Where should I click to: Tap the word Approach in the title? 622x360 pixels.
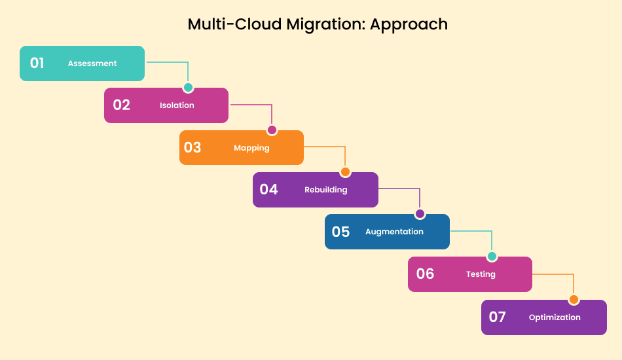(x=409, y=24)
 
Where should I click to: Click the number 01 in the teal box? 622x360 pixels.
(x=37, y=63)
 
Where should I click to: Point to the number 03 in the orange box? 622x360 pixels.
(x=192, y=147)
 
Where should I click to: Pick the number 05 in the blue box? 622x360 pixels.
(x=340, y=232)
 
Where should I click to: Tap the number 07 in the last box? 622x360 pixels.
(x=498, y=317)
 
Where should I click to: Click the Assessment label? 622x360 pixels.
(x=92, y=63)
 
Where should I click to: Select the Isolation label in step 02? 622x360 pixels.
(x=177, y=105)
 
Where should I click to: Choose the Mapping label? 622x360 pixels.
(x=251, y=148)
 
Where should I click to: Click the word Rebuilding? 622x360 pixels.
(x=325, y=190)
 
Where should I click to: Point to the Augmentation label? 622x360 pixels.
(x=394, y=232)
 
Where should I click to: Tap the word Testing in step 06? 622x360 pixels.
(x=481, y=274)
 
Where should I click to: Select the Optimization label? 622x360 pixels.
(x=555, y=317)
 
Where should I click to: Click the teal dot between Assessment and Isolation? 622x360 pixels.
(x=189, y=88)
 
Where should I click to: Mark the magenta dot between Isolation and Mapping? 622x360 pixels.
(x=272, y=130)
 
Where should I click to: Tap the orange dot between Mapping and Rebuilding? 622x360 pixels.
(x=345, y=172)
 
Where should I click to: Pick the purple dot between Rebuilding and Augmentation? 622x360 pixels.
(x=420, y=214)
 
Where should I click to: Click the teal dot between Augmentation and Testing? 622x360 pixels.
(x=492, y=257)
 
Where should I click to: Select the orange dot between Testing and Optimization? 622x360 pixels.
(x=574, y=300)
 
